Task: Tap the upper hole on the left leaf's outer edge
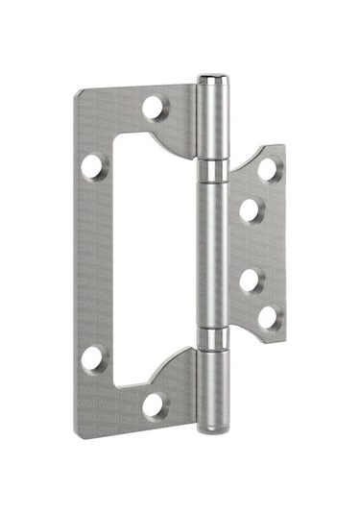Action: tap(92, 166)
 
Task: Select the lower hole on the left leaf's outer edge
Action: tap(92, 358)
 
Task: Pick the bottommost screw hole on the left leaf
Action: tap(154, 404)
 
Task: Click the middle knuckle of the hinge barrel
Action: tap(215, 255)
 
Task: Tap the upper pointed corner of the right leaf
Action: tap(282, 147)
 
